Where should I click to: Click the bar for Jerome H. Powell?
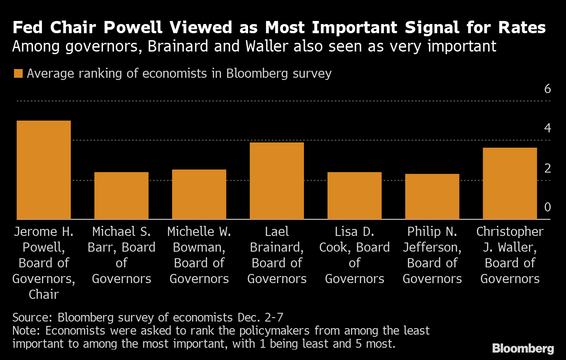(x=44, y=170)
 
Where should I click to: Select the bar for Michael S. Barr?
(x=121, y=196)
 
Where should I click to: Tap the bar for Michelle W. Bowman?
(x=199, y=194)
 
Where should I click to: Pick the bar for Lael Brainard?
(x=277, y=181)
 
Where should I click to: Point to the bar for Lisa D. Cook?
(x=355, y=196)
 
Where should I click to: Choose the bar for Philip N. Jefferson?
(x=432, y=197)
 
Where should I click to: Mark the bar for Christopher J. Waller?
(x=510, y=183)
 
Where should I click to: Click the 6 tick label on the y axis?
(x=548, y=89)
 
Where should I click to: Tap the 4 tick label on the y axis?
(x=548, y=128)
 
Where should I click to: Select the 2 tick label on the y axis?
(x=548, y=168)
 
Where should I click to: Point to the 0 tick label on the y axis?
(x=548, y=207)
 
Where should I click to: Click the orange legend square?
(x=18, y=73)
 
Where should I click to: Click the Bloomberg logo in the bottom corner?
(x=523, y=349)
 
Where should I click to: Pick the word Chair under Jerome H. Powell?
(x=44, y=294)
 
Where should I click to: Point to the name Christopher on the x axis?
(x=510, y=232)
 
